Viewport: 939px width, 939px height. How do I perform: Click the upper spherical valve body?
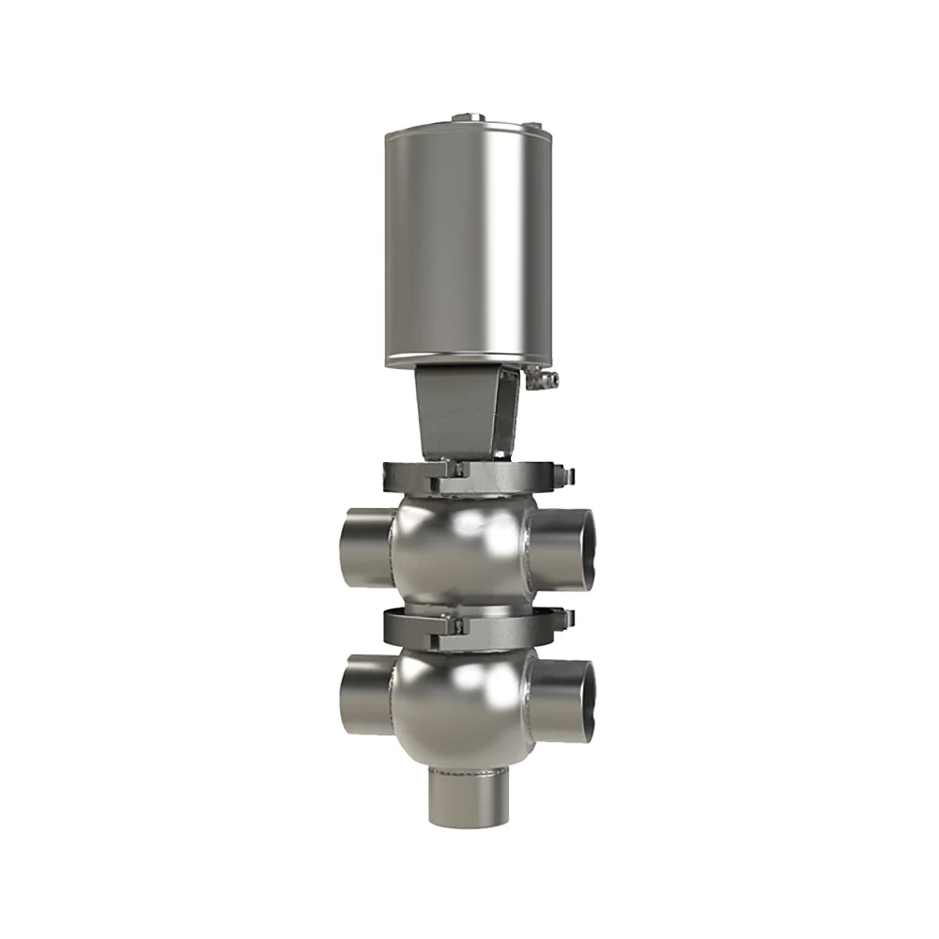pos(460,549)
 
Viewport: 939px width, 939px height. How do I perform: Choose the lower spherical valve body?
pos(460,700)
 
